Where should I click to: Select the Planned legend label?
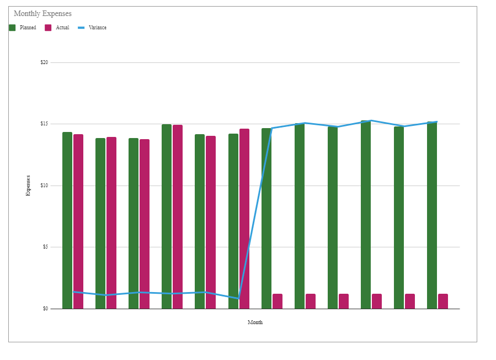pos(28,28)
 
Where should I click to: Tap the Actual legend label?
pos(62,28)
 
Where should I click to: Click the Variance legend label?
pos(97,28)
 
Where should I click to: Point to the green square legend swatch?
pos(12,28)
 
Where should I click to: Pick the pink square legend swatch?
pos(48,28)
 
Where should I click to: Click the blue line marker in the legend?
pos(82,28)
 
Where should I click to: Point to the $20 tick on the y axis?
pos(44,62)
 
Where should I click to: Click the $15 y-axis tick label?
pos(44,124)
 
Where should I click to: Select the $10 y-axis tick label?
pos(44,186)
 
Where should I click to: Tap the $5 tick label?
pos(45,247)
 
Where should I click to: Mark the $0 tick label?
pos(45,309)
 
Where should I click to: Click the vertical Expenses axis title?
pos(28,185)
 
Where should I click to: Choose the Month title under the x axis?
pos(255,322)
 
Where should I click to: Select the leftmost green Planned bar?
pos(67,221)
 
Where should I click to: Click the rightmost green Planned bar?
pos(432,215)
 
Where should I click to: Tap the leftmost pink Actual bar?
pos(78,221)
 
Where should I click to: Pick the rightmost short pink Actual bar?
pos(443,301)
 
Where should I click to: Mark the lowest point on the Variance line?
pos(238,298)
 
